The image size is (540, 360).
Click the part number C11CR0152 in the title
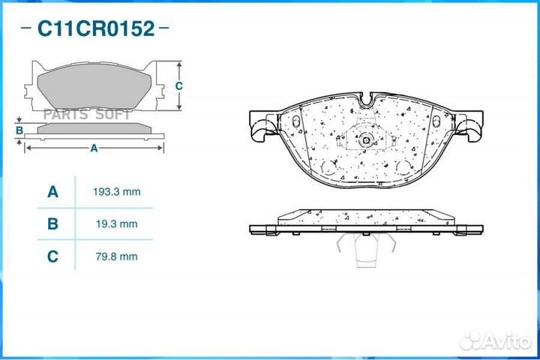(x=96, y=29)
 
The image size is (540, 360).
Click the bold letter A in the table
(x=52, y=192)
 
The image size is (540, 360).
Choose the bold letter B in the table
(x=52, y=224)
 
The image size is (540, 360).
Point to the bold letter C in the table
(x=52, y=256)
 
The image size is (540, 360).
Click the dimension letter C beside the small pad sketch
(x=179, y=85)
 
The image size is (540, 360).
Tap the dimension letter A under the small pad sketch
(x=94, y=148)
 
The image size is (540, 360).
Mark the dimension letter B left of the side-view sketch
(x=19, y=130)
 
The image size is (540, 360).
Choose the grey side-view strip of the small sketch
(x=94, y=130)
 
